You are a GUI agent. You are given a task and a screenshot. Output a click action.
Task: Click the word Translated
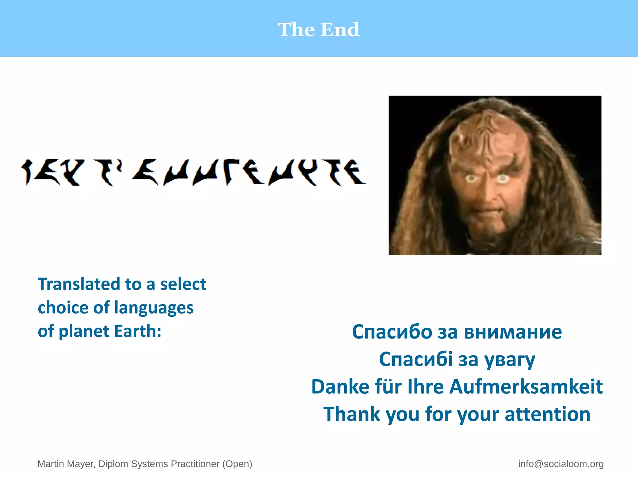tap(79, 284)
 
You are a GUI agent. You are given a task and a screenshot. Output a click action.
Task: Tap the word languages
tap(154, 308)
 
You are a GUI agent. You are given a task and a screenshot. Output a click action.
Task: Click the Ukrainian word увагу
tap(510, 360)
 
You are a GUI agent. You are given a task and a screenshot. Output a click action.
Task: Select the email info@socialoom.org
tap(561, 464)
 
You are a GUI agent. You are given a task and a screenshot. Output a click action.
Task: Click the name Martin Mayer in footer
tap(66, 464)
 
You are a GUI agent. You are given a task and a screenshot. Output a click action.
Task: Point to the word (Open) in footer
tap(237, 464)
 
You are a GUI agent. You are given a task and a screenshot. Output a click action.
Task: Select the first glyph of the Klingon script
tap(27, 172)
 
